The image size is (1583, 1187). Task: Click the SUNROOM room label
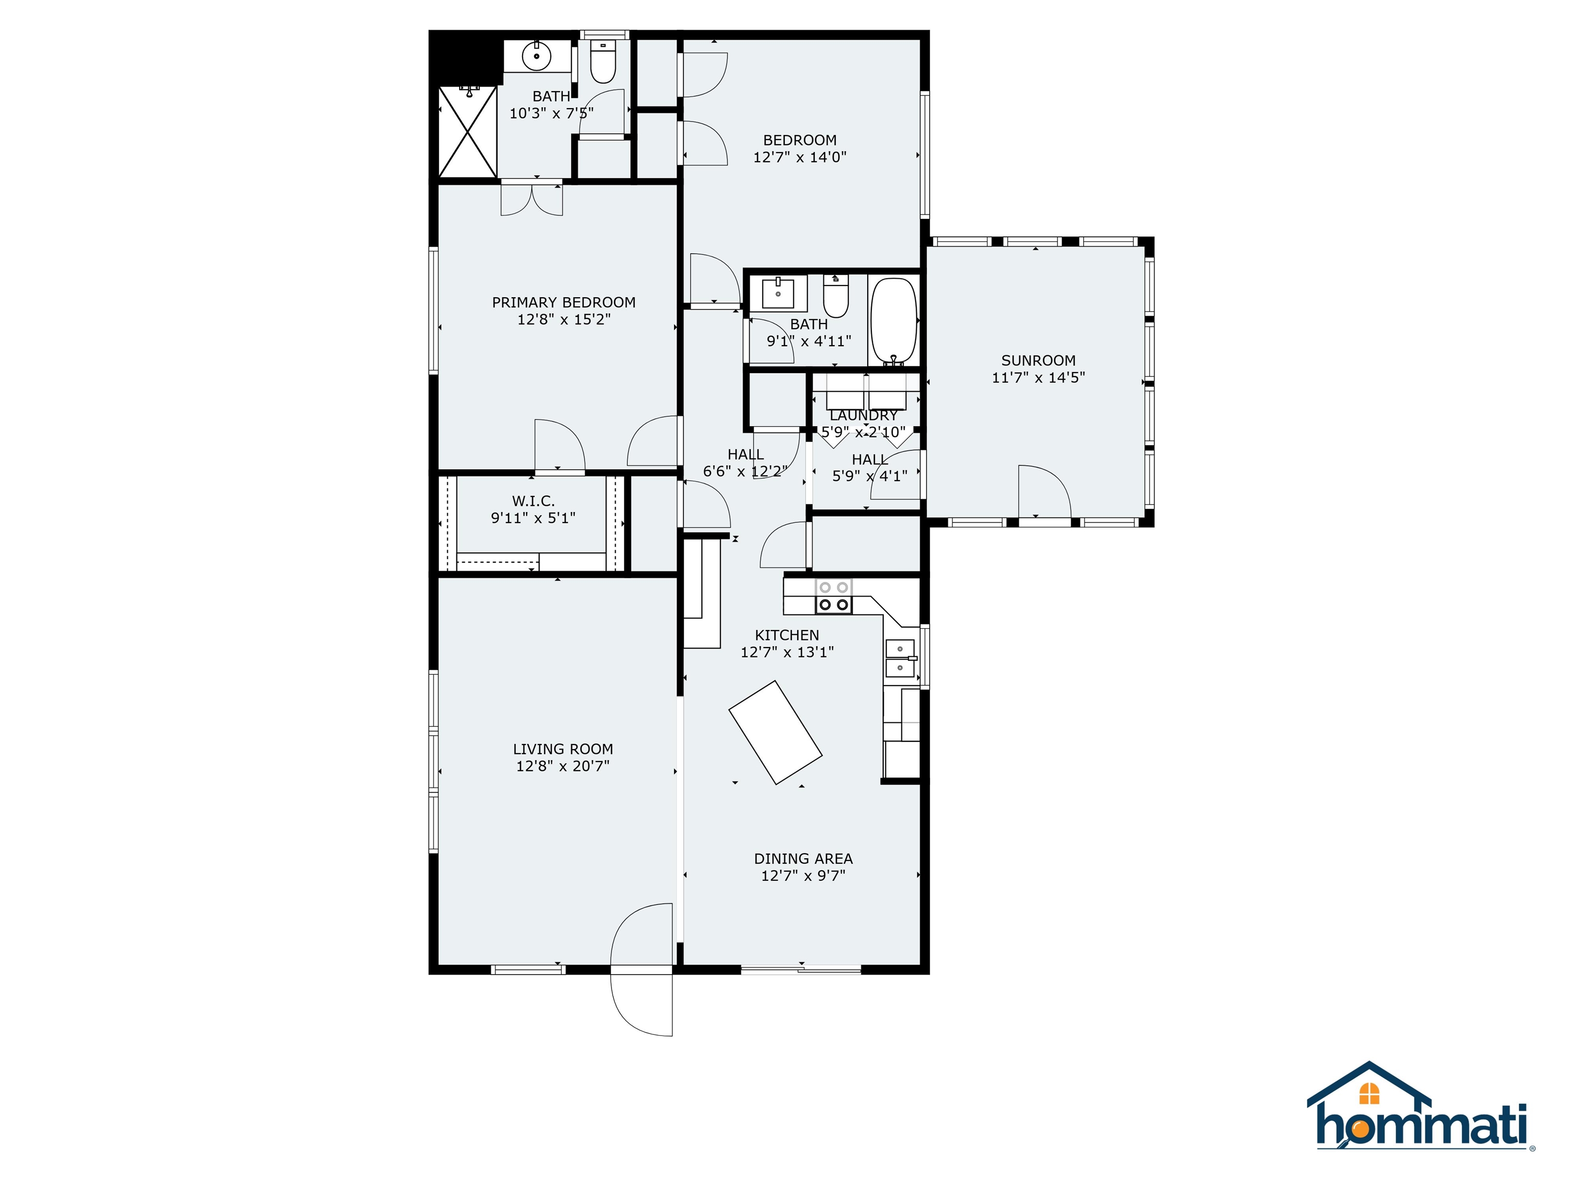pos(1038,361)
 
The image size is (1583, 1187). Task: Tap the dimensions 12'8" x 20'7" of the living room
pos(563,766)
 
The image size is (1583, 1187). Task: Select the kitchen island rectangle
pos(775,732)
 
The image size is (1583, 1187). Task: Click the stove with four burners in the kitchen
pos(834,597)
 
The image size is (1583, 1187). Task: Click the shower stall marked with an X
pos(467,132)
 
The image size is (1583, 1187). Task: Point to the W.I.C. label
pos(533,501)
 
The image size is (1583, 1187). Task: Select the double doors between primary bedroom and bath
pos(532,199)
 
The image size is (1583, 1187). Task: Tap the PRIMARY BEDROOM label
pos(563,302)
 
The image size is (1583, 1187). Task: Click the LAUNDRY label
pos(863,415)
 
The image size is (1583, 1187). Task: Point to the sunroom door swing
pos(1043,491)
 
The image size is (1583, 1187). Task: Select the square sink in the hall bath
pos(778,293)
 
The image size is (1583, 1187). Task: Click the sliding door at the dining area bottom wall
pos(801,970)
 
